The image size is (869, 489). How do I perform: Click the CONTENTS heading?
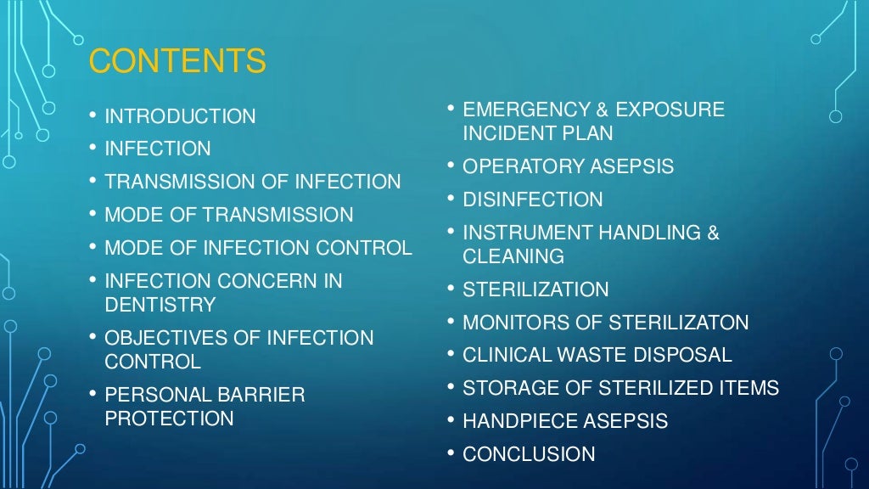(177, 62)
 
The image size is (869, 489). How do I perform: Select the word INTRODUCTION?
(180, 116)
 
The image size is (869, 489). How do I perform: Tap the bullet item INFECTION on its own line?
(158, 149)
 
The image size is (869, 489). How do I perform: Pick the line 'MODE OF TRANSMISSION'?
(229, 215)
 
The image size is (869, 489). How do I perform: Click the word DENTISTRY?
(160, 304)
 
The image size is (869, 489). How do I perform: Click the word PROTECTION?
(169, 419)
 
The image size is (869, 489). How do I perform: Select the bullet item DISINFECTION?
(533, 200)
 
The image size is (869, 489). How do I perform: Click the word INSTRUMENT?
(524, 233)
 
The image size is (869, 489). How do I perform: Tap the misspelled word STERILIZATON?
(678, 323)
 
